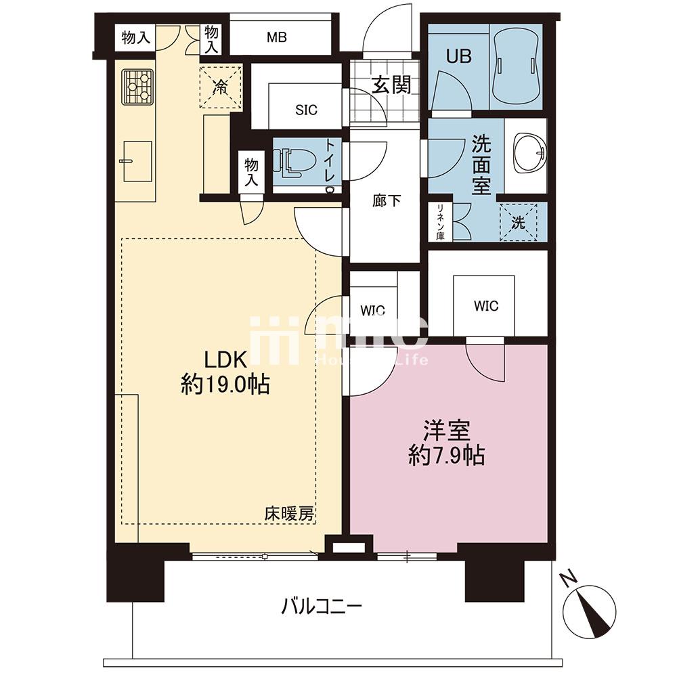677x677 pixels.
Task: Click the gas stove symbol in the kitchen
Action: point(137,87)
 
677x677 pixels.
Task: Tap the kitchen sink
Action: point(137,161)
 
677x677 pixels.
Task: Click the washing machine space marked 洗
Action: point(518,222)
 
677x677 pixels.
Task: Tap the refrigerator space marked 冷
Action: point(221,87)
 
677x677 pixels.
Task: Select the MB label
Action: point(277,37)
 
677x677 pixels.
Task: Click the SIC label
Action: point(306,110)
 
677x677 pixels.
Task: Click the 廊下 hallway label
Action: point(387,201)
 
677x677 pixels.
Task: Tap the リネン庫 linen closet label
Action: point(440,221)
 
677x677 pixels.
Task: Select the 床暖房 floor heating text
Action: point(289,514)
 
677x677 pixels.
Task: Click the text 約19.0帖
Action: point(225,383)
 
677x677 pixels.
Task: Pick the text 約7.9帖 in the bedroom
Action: point(446,455)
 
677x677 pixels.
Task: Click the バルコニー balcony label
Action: point(322,607)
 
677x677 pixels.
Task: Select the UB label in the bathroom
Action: point(458,56)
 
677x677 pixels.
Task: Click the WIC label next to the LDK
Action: point(372,311)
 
